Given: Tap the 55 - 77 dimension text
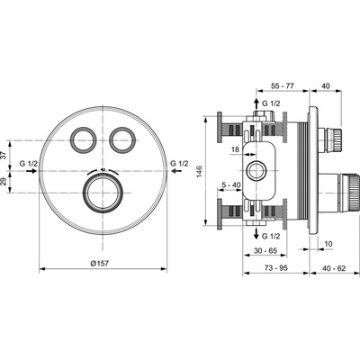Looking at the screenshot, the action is click(283, 86).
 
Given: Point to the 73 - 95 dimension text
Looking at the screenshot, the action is click(275, 268).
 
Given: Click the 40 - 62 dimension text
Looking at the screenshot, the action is click(334, 268).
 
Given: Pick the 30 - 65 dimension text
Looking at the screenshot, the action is click(265, 250).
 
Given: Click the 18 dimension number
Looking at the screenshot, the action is click(236, 149).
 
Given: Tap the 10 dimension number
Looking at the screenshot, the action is click(328, 244).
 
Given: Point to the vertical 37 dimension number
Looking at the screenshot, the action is click(4, 156).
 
